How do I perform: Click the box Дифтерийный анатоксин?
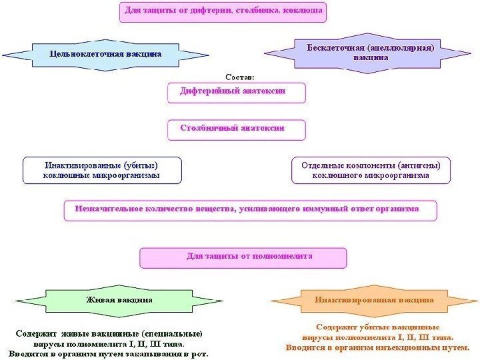point(236,93)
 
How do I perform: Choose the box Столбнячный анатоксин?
point(236,129)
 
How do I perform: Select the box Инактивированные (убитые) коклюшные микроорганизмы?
point(102,170)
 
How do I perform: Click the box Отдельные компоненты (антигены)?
point(371,170)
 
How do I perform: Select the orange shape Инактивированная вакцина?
point(373,301)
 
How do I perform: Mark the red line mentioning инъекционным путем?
point(377,347)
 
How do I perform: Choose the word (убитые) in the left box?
point(141,165)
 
